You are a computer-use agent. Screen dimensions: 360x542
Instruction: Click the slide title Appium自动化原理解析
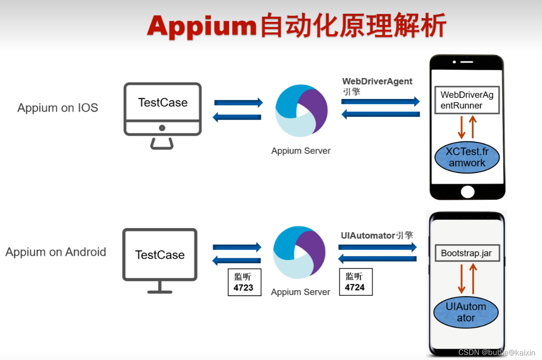pyautogui.click(x=296, y=26)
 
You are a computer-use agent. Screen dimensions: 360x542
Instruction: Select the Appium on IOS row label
pyautogui.click(x=58, y=108)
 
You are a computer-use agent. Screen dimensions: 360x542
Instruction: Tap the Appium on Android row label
pyautogui.click(x=56, y=252)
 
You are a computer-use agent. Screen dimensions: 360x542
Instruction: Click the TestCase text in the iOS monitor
pyautogui.click(x=163, y=103)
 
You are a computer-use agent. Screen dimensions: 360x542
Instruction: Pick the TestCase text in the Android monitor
pyautogui.click(x=160, y=255)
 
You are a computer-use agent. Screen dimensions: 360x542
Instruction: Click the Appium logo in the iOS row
pyautogui.click(x=301, y=110)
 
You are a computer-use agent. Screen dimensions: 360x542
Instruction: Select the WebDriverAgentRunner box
pyautogui.click(x=467, y=100)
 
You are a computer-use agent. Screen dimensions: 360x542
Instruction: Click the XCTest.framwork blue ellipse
pyautogui.click(x=467, y=157)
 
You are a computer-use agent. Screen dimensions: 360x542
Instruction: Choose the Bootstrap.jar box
pyautogui.click(x=466, y=253)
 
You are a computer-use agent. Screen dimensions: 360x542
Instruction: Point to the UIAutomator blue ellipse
pyautogui.click(x=466, y=312)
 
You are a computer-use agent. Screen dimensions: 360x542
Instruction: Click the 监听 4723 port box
pyautogui.click(x=244, y=282)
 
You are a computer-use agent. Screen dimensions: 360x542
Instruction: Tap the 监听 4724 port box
pyautogui.click(x=356, y=282)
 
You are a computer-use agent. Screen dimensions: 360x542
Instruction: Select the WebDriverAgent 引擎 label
pyautogui.click(x=377, y=86)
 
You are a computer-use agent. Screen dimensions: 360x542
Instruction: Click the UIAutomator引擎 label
pyautogui.click(x=377, y=235)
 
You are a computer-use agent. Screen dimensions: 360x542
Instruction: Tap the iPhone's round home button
pyautogui.click(x=467, y=192)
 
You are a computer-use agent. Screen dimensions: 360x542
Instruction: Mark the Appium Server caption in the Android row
pyautogui.click(x=300, y=292)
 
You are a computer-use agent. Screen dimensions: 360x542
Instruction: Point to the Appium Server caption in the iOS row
pyautogui.click(x=301, y=151)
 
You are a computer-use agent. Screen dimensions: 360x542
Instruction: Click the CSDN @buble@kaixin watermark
pyautogui.click(x=497, y=352)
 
